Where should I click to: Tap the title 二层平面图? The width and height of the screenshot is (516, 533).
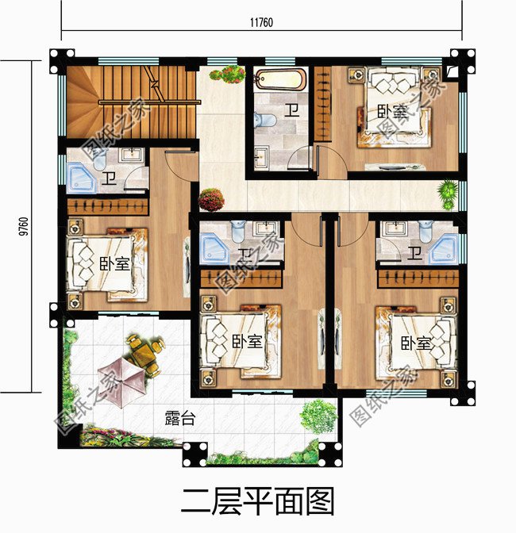pyautogui.click(x=258, y=501)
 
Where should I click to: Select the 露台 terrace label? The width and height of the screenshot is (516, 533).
pyautogui.click(x=179, y=419)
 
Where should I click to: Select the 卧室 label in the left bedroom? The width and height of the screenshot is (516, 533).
pyautogui.click(x=114, y=263)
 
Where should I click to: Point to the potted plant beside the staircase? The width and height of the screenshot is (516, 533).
pyautogui.click(x=228, y=75)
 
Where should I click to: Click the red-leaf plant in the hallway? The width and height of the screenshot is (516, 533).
pyautogui.click(x=211, y=198)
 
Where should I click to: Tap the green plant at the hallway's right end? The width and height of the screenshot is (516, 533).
pyautogui.click(x=449, y=193)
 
